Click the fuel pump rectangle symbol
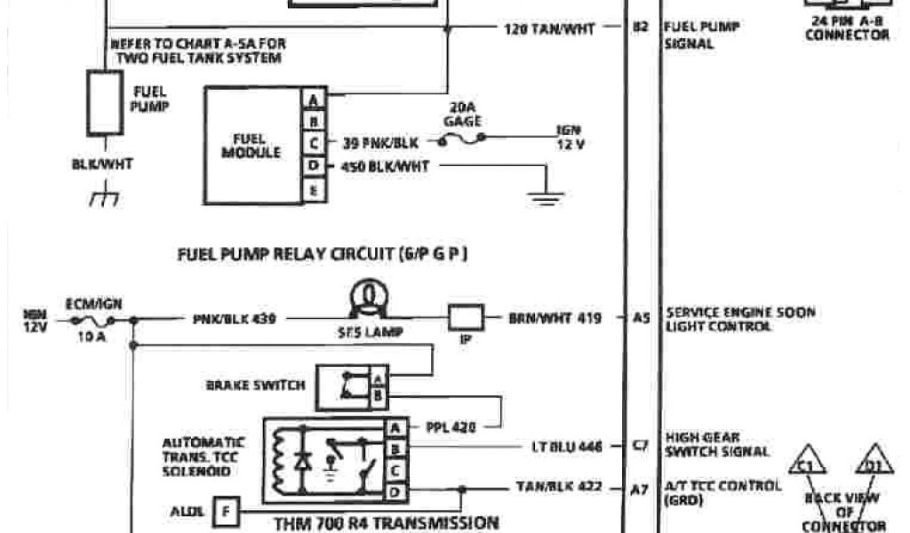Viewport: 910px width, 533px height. pos(104,103)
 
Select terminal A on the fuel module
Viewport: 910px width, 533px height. pos(314,99)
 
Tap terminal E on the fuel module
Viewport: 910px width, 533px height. pos(314,189)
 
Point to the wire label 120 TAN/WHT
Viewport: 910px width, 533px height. pos(549,28)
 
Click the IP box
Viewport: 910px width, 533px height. pos(466,317)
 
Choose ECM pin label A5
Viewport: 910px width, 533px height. pos(642,317)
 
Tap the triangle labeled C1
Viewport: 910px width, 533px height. pos(805,463)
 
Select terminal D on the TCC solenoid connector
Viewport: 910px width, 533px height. pos(395,489)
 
